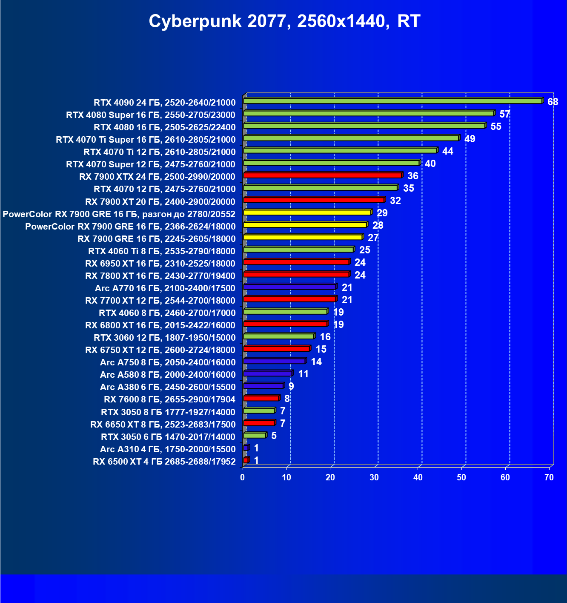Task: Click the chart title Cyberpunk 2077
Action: [284, 21]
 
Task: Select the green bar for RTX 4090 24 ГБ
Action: [392, 101]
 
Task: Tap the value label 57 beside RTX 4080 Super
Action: [504, 114]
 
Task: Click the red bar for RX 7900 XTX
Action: [322, 175]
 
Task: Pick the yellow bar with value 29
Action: [307, 212]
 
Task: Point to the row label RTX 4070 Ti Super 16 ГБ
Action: [146, 140]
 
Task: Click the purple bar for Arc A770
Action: [289, 287]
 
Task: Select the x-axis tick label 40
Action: [418, 477]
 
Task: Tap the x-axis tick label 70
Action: [549, 477]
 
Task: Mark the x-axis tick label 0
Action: [243, 477]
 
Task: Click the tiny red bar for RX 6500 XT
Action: [246, 460]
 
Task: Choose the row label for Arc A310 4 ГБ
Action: [168, 449]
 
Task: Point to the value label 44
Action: [447, 151]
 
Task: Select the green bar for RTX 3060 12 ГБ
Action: [278, 336]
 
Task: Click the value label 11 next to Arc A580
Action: [303, 374]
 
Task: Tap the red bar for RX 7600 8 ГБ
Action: [261, 398]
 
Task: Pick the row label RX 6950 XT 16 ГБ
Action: [160, 264]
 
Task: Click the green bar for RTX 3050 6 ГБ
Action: [255, 435]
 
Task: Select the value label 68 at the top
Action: [553, 102]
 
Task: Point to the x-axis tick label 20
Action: [330, 477]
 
